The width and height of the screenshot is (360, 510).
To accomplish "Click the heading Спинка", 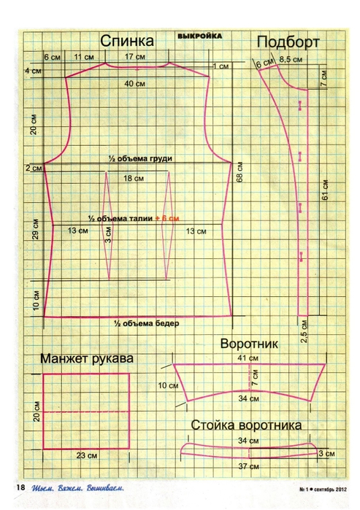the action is (127, 42).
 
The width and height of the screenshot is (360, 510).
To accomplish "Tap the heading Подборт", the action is (288, 42).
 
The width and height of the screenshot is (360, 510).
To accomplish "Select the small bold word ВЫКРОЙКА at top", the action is (199, 36).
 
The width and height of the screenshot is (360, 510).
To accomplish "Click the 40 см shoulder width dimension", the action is (135, 84).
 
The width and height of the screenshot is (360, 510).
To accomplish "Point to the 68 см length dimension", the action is (240, 172).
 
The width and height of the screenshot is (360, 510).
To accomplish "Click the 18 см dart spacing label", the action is (134, 178).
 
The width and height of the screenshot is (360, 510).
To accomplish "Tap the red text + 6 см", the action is (167, 218).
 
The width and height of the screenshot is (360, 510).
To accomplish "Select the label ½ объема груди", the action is (140, 159).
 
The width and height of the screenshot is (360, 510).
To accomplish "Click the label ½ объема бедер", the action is (147, 323).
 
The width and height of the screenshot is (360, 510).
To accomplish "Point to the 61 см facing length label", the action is (325, 190).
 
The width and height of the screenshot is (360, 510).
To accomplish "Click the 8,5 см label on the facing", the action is (291, 59).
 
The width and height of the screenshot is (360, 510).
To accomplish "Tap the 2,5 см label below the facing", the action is (304, 331).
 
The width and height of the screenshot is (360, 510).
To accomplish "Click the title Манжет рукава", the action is (87, 358).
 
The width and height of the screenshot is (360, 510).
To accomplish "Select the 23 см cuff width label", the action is (87, 455).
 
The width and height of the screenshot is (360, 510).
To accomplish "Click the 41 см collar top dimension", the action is (248, 358).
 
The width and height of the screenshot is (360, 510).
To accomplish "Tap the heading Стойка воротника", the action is (246, 425).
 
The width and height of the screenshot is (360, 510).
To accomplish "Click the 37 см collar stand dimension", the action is (248, 466).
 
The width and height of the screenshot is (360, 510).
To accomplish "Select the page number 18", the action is (20, 487).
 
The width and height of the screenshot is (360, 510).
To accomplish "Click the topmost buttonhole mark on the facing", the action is (300, 106).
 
